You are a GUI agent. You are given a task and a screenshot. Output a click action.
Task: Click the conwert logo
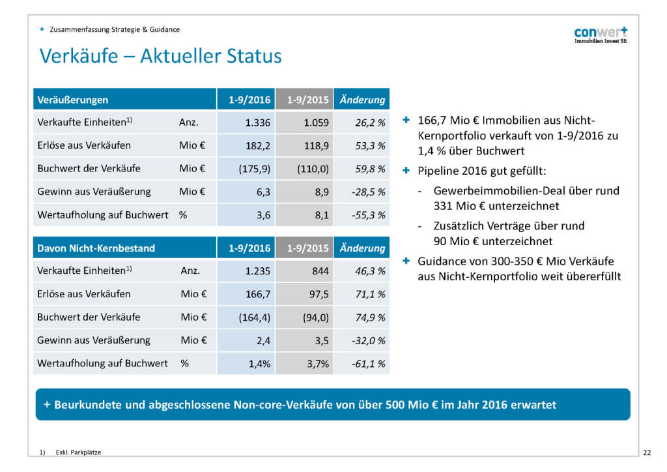click(601, 35)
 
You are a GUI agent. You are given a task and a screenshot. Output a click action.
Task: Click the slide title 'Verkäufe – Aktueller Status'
click(160, 56)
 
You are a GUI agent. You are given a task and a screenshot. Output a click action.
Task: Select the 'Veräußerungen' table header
click(72, 100)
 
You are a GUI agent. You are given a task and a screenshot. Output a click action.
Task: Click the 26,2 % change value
click(370, 123)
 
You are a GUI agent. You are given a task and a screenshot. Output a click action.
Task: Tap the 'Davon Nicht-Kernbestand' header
click(96, 248)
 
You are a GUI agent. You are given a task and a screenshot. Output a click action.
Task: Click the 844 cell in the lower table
click(320, 271)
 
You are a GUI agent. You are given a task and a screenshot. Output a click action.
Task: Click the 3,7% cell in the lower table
click(317, 364)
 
